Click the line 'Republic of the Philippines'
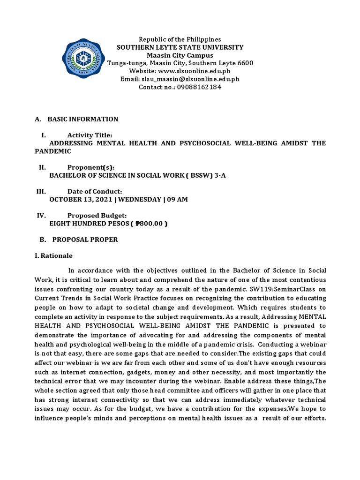(x=180, y=39)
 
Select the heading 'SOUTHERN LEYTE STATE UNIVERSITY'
(x=180, y=47)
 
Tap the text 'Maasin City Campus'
(x=180, y=55)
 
